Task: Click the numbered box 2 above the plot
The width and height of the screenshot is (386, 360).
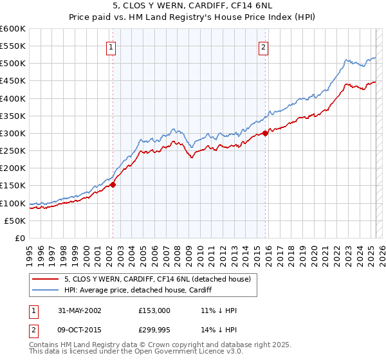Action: click(264, 46)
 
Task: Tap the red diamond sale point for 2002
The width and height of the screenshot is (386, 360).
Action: click(113, 184)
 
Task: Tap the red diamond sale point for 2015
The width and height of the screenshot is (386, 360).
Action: click(265, 134)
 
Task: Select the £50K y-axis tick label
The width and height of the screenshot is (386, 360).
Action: click(15, 221)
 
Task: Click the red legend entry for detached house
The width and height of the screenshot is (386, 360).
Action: click(161, 278)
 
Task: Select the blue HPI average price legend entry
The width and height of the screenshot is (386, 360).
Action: click(142, 290)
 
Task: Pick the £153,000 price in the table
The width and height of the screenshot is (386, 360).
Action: click(154, 310)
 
